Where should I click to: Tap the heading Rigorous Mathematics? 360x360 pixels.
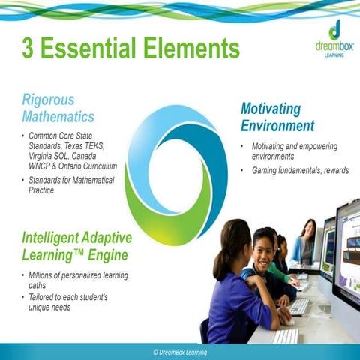tap(58, 108)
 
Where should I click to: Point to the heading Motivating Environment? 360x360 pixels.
tap(277, 117)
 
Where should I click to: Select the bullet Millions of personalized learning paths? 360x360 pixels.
tap(73, 280)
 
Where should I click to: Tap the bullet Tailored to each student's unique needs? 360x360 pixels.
tap(67, 302)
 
